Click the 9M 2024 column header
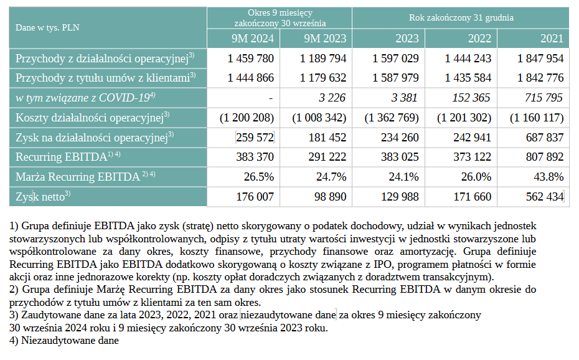click(x=253, y=39)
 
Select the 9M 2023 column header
click(x=325, y=39)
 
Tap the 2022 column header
click(x=479, y=39)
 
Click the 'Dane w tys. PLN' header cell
click(x=47, y=27)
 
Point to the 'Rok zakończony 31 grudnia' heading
click(x=461, y=17)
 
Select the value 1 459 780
click(x=251, y=59)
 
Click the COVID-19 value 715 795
click(x=544, y=98)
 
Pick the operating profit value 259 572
click(x=255, y=138)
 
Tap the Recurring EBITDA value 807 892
click(x=545, y=157)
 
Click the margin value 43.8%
click(x=548, y=177)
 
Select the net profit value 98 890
click(x=330, y=197)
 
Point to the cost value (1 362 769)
click(x=392, y=118)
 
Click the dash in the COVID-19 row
click(x=271, y=98)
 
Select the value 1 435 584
click(x=468, y=78)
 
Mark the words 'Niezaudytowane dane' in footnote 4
click(x=70, y=341)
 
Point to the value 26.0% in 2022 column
click(x=476, y=177)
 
